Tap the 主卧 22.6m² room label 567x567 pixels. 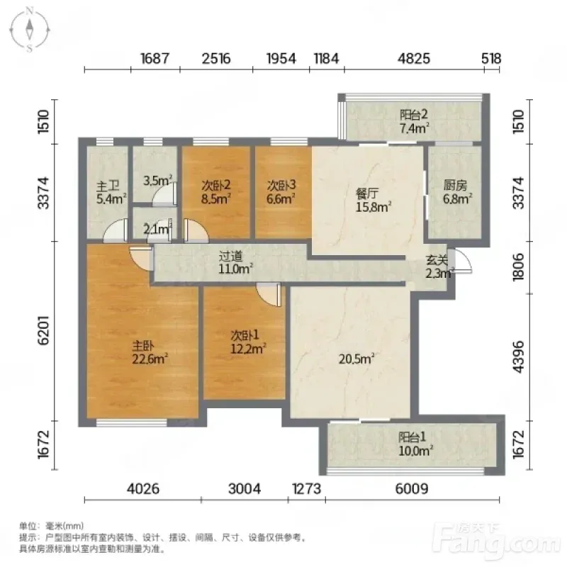pyautogui.click(x=150, y=353)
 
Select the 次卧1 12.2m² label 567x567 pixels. pyautogui.click(x=249, y=342)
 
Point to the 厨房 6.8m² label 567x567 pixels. pyautogui.click(x=457, y=192)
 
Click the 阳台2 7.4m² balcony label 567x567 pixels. pyautogui.click(x=414, y=121)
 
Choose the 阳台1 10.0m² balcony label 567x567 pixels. pyautogui.click(x=415, y=444)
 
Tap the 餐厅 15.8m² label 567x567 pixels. pyautogui.click(x=374, y=200)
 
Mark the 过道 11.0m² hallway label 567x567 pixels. pyautogui.click(x=235, y=262)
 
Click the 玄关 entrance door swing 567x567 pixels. pyautogui.click(x=461, y=260)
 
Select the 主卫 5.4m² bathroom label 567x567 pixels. pyautogui.click(x=111, y=192)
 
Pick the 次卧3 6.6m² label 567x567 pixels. pyautogui.click(x=281, y=191)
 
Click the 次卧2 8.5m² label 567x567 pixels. pyautogui.click(x=216, y=192)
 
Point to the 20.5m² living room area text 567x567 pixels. pyautogui.click(x=357, y=359)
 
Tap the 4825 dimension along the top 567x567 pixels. pyautogui.click(x=414, y=59)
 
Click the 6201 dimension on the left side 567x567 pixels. pyautogui.click(x=44, y=330)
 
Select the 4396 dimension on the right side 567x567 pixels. pyautogui.click(x=518, y=357)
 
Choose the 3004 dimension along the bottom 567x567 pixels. pyautogui.click(x=245, y=489)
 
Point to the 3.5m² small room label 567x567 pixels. pyautogui.click(x=157, y=181)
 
